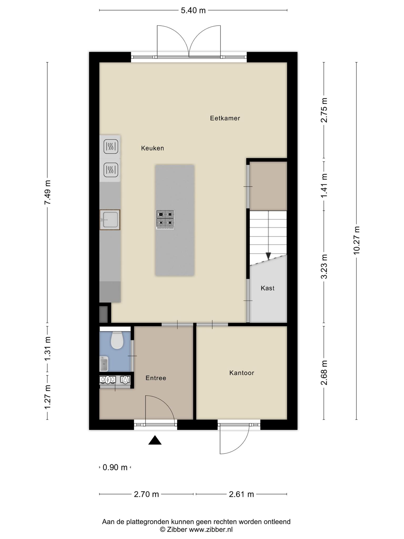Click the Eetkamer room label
click(225, 118)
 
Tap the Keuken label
click(153, 148)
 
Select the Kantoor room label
click(242, 373)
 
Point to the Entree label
click(156, 378)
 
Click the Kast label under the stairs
click(267, 288)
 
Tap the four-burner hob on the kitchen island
click(165, 219)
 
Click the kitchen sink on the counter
click(110, 220)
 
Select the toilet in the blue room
click(117, 340)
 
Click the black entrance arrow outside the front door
click(155, 440)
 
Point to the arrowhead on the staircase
click(268, 256)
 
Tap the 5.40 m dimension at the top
click(193, 11)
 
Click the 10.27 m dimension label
click(356, 240)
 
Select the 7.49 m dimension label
click(47, 192)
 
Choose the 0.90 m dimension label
click(115, 467)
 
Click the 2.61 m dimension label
click(241, 494)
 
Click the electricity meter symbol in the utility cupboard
click(108, 379)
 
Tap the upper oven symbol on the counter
click(111, 146)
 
